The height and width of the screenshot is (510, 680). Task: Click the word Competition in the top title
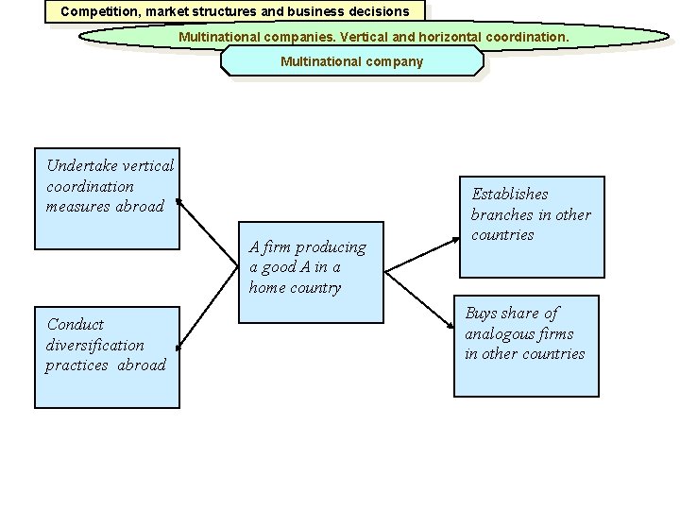pyautogui.click(x=97, y=12)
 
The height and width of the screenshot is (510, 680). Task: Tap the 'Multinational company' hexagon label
pyautogui.click(x=351, y=61)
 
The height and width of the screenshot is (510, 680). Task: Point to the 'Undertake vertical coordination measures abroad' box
pyautogui.click(x=107, y=198)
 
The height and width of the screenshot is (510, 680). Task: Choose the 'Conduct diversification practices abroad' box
pyautogui.click(x=107, y=357)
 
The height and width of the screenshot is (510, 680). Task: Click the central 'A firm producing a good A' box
pyautogui.click(x=313, y=272)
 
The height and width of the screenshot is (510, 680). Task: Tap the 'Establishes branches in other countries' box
pyautogui.click(x=532, y=227)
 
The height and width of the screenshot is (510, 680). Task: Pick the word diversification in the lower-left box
pyautogui.click(x=95, y=345)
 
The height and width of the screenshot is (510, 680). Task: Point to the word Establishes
pyautogui.click(x=510, y=195)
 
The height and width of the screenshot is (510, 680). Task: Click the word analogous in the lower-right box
pyautogui.click(x=499, y=333)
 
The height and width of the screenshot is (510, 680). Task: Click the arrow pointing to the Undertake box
pyautogui.click(x=208, y=231)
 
